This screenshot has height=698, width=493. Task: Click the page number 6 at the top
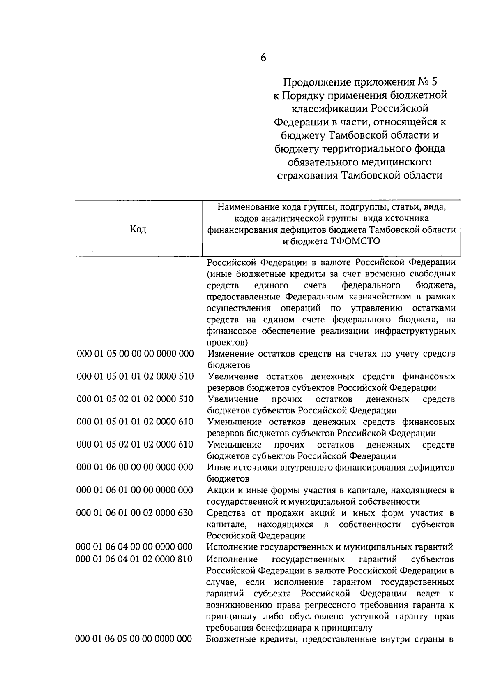click(x=263, y=58)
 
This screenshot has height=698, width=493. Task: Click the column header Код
click(x=138, y=229)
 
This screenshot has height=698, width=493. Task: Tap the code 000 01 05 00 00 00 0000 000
click(x=135, y=354)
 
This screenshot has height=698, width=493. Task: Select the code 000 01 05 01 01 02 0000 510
click(x=135, y=376)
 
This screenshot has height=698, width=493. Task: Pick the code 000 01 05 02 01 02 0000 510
click(x=135, y=399)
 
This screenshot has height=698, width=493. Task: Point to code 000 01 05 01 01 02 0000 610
click(x=135, y=422)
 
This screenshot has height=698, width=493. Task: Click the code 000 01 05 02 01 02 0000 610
click(x=135, y=444)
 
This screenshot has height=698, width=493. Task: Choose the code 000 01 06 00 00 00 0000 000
click(x=135, y=467)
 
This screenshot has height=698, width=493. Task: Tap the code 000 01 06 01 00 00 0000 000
click(x=135, y=490)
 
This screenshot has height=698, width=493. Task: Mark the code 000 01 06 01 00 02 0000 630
click(x=135, y=512)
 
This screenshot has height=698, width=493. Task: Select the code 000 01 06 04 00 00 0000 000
click(x=134, y=547)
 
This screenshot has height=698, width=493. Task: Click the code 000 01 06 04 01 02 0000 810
click(x=134, y=559)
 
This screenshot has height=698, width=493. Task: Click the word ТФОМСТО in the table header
click(x=355, y=241)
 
